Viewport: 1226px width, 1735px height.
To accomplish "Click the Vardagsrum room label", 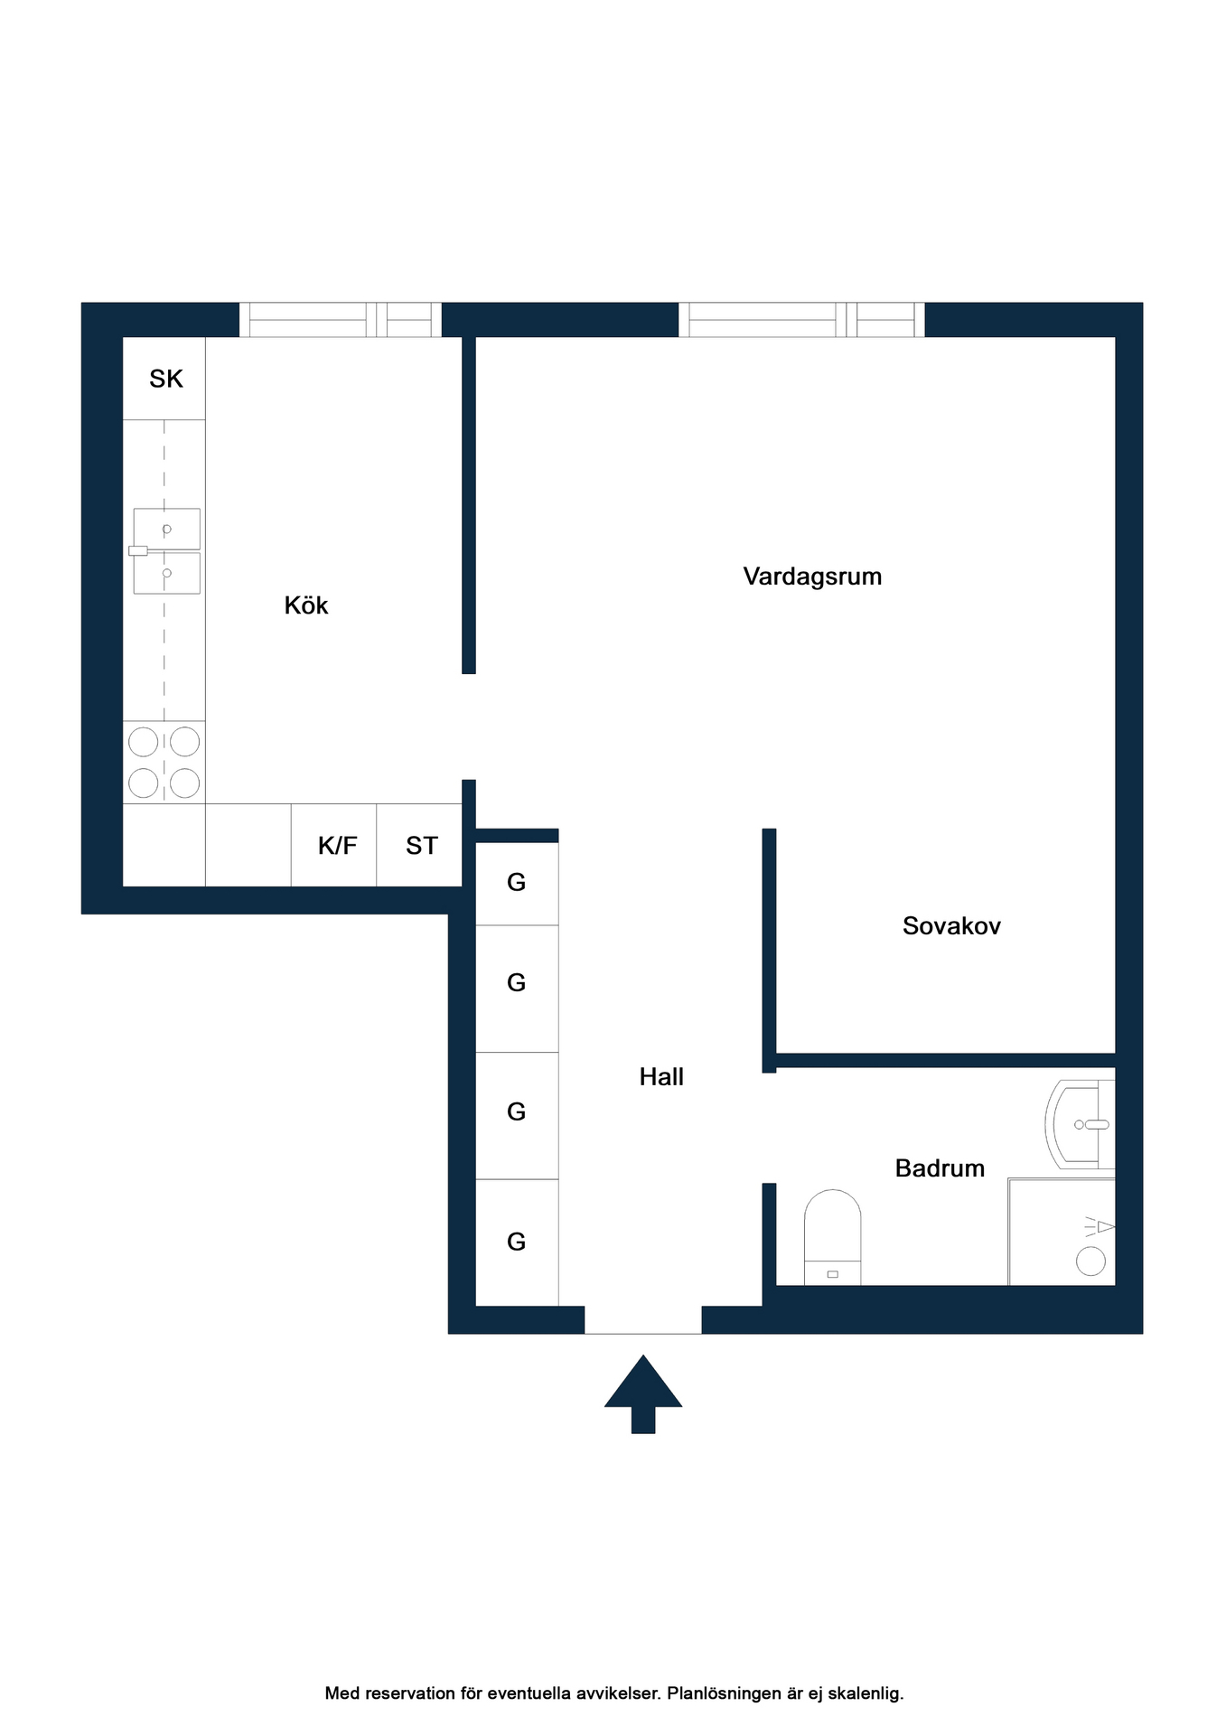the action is pyautogui.click(x=812, y=577).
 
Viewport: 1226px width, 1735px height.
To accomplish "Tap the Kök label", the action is pyautogui.click(x=306, y=605).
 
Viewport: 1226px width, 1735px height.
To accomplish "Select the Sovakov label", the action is pyautogui.click(x=951, y=925).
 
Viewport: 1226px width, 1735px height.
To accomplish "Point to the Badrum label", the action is pyautogui.click(x=940, y=1168).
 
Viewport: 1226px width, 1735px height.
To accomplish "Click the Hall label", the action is pyautogui.click(x=661, y=1076).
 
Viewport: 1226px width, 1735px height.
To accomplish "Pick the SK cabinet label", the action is pyautogui.click(x=166, y=379).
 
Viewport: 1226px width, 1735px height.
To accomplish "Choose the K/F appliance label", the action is pyautogui.click(x=338, y=846).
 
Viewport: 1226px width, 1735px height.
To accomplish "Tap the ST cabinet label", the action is pyautogui.click(x=422, y=846).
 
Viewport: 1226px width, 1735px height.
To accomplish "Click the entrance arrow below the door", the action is pyautogui.click(x=643, y=1393).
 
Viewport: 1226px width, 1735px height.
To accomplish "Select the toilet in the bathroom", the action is pyautogui.click(x=832, y=1237).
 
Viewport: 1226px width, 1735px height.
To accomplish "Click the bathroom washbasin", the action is pyautogui.click(x=1080, y=1124).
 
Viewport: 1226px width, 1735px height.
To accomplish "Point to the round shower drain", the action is pyautogui.click(x=1090, y=1261).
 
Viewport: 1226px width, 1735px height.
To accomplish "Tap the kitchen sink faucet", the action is pyautogui.click(x=138, y=550).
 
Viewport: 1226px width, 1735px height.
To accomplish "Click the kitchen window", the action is pyautogui.click(x=340, y=320).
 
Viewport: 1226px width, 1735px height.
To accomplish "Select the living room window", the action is pyautogui.click(x=801, y=320).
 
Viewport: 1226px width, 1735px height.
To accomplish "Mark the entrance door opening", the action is pyautogui.click(x=643, y=1320).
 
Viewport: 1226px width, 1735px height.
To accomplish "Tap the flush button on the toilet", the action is pyautogui.click(x=832, y=1274).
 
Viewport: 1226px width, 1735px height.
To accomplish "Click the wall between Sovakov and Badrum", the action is pyautogui.click(x=945, y=1060).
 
